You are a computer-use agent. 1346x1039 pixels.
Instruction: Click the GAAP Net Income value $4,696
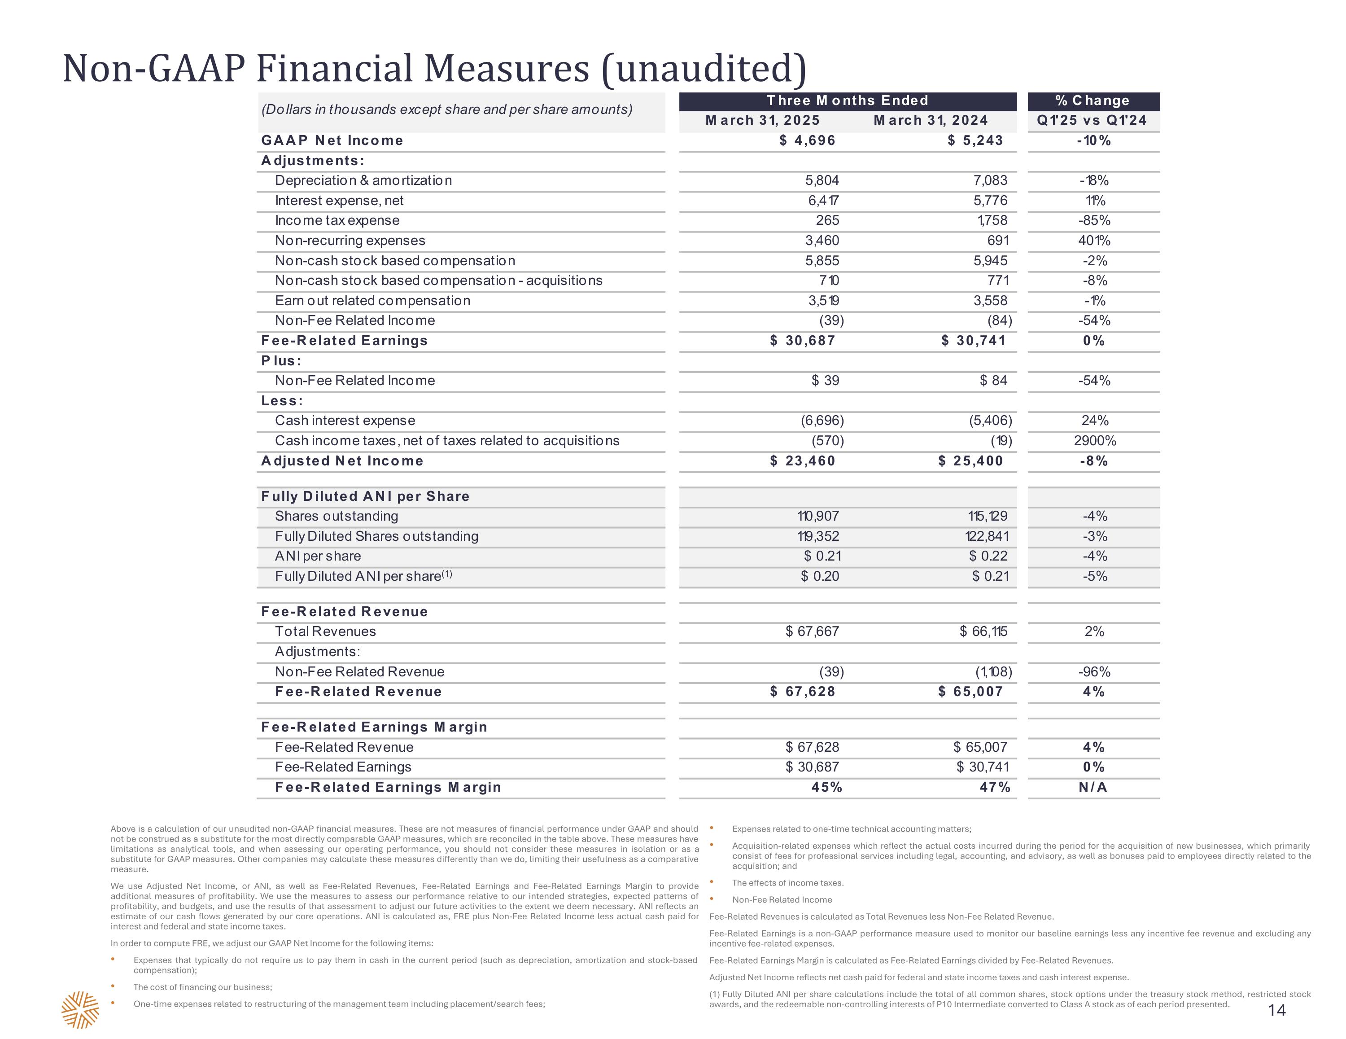807,140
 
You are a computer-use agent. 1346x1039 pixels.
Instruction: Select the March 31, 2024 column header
931,120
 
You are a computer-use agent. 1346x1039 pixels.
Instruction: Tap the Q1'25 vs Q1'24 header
1092,120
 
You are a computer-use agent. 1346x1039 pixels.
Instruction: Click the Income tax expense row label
337,221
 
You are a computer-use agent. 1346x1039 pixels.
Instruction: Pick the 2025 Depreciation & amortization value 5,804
822,181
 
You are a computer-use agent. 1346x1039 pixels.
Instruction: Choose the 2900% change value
1095,441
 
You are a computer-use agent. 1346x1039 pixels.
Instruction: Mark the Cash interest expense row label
345,421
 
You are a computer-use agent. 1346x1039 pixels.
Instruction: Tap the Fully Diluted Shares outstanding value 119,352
818,536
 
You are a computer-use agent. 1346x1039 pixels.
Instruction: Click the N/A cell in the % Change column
1093,787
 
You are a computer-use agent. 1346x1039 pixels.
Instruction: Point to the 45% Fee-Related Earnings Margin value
826,787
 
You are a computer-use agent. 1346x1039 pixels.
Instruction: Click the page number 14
1277,1010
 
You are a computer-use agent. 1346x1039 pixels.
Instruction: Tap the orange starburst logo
80,1010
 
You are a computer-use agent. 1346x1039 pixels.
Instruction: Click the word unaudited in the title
704,69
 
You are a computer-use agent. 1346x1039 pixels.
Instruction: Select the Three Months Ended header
848,101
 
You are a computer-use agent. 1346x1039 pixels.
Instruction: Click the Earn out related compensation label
372,301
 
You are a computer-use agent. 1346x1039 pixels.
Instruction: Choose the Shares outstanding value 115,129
988,516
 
